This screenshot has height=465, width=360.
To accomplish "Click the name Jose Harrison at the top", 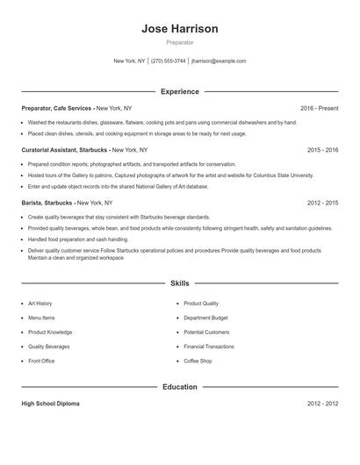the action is pyautogui.click(x=179, y=29).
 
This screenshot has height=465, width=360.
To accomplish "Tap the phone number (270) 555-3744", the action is pyautogui.click(x=169, y=61).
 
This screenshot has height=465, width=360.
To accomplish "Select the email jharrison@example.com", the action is pyautogui.click(x=219, y=61).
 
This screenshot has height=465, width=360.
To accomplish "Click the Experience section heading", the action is pyautogui.click(x=179, y=91).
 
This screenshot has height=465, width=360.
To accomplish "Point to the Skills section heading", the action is pyautogui.click(x=179, y=283).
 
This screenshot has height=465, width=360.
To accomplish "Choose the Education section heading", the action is pyautogui.click(x=179, y=386).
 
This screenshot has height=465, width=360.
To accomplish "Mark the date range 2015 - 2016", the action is pyautogui.click(x=322, y=150).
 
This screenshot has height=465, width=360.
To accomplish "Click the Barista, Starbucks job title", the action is pyautogui.click(x=47, y=203).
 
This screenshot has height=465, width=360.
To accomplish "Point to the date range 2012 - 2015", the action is pyautogui.click(x=322, y=203).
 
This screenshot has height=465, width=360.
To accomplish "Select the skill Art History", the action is pyautogui.click(x=40, y=304).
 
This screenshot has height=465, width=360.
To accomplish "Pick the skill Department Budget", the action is pyautogui.click(x=205, y=318).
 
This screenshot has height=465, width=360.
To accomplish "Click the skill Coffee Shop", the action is pyautogui.click(x=198, y=361).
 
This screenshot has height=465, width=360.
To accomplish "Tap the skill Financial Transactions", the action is pyautogui.click(x=209, y=347).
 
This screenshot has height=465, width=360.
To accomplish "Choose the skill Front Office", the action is pyautogui.click(x=41, y=361).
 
